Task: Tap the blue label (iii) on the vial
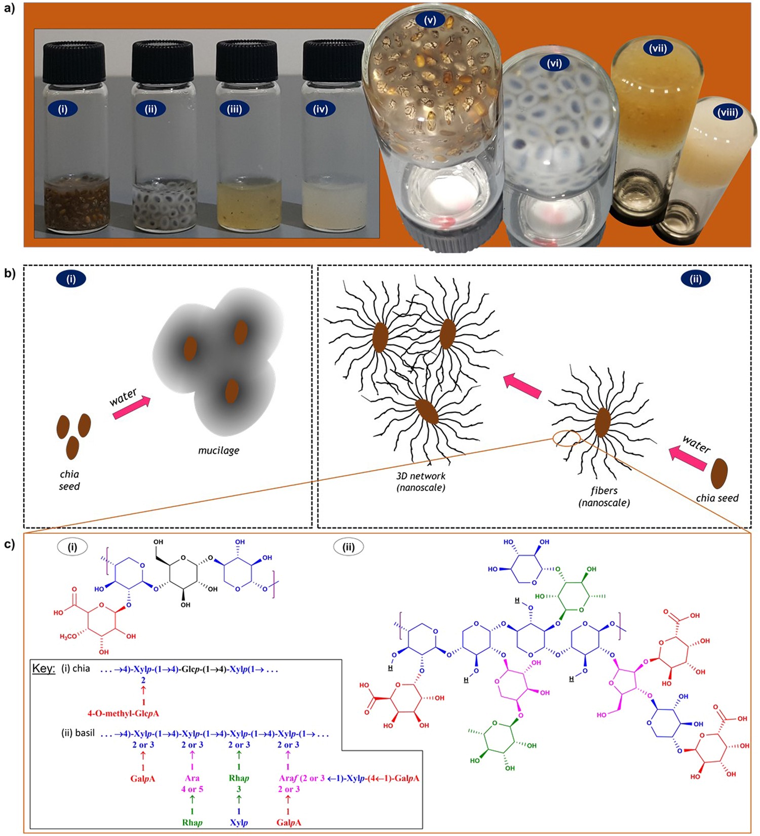234,109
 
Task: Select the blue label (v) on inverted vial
430,21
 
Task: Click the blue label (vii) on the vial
658,49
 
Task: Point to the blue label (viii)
728,112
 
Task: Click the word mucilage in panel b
218,450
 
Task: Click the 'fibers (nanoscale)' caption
604,496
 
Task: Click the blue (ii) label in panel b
695,278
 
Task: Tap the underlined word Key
44,668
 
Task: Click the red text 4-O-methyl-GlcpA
123,713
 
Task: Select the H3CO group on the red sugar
68,636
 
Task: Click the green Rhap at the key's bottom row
192,822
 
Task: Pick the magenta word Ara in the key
192,778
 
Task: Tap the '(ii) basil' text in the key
78,733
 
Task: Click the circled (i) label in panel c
72,547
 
